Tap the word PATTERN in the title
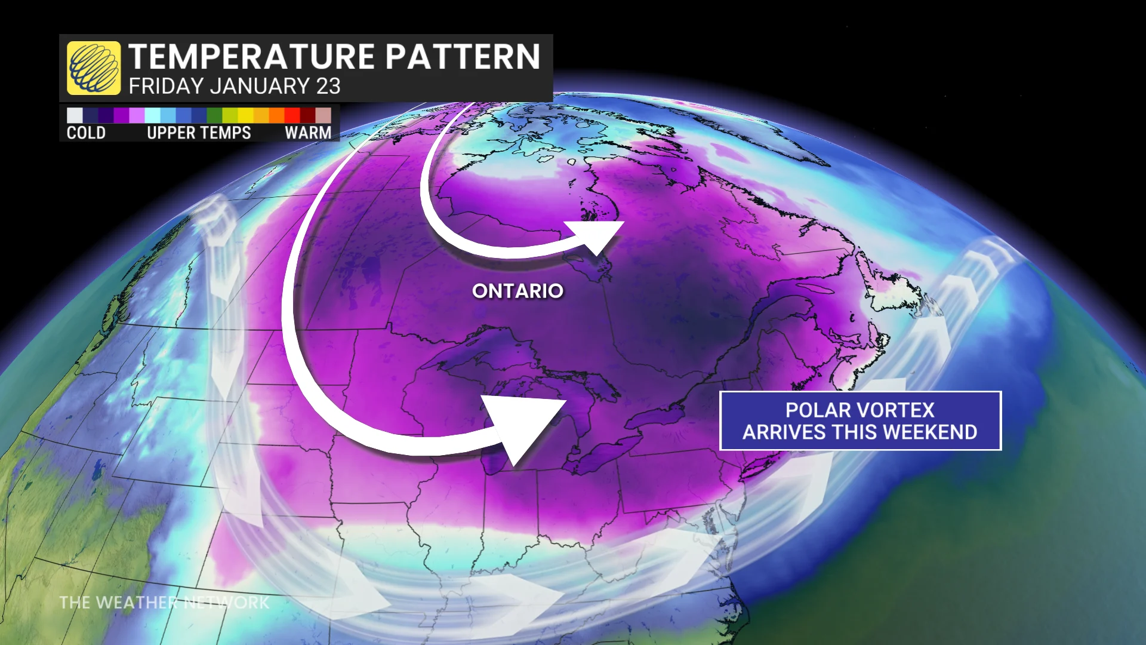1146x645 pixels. pos(463,57)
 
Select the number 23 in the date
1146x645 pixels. pos(328,87)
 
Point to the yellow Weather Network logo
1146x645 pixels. pos(94,68)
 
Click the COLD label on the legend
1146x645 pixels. pos(86,133)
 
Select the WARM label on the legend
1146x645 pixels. pos(308,133)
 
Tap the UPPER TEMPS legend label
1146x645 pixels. pos(199,133)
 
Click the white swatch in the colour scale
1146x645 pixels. pos(75,115)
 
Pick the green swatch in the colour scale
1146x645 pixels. pos(214,115)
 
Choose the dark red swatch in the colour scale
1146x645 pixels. pos(307,115)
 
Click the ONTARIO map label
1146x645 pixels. pos(517,291)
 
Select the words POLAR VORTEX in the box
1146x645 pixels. pos(860,410)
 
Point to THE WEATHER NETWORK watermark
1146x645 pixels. pos(164,603)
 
